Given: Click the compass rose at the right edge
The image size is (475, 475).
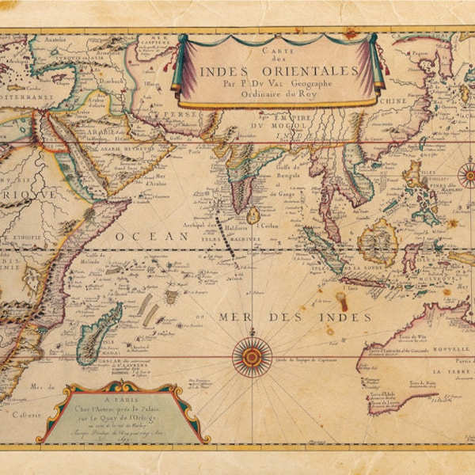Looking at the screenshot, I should (468, 173).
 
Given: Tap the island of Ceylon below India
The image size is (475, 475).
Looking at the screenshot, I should (253, 215).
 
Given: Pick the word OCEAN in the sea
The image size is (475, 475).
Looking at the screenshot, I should (141, 236).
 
